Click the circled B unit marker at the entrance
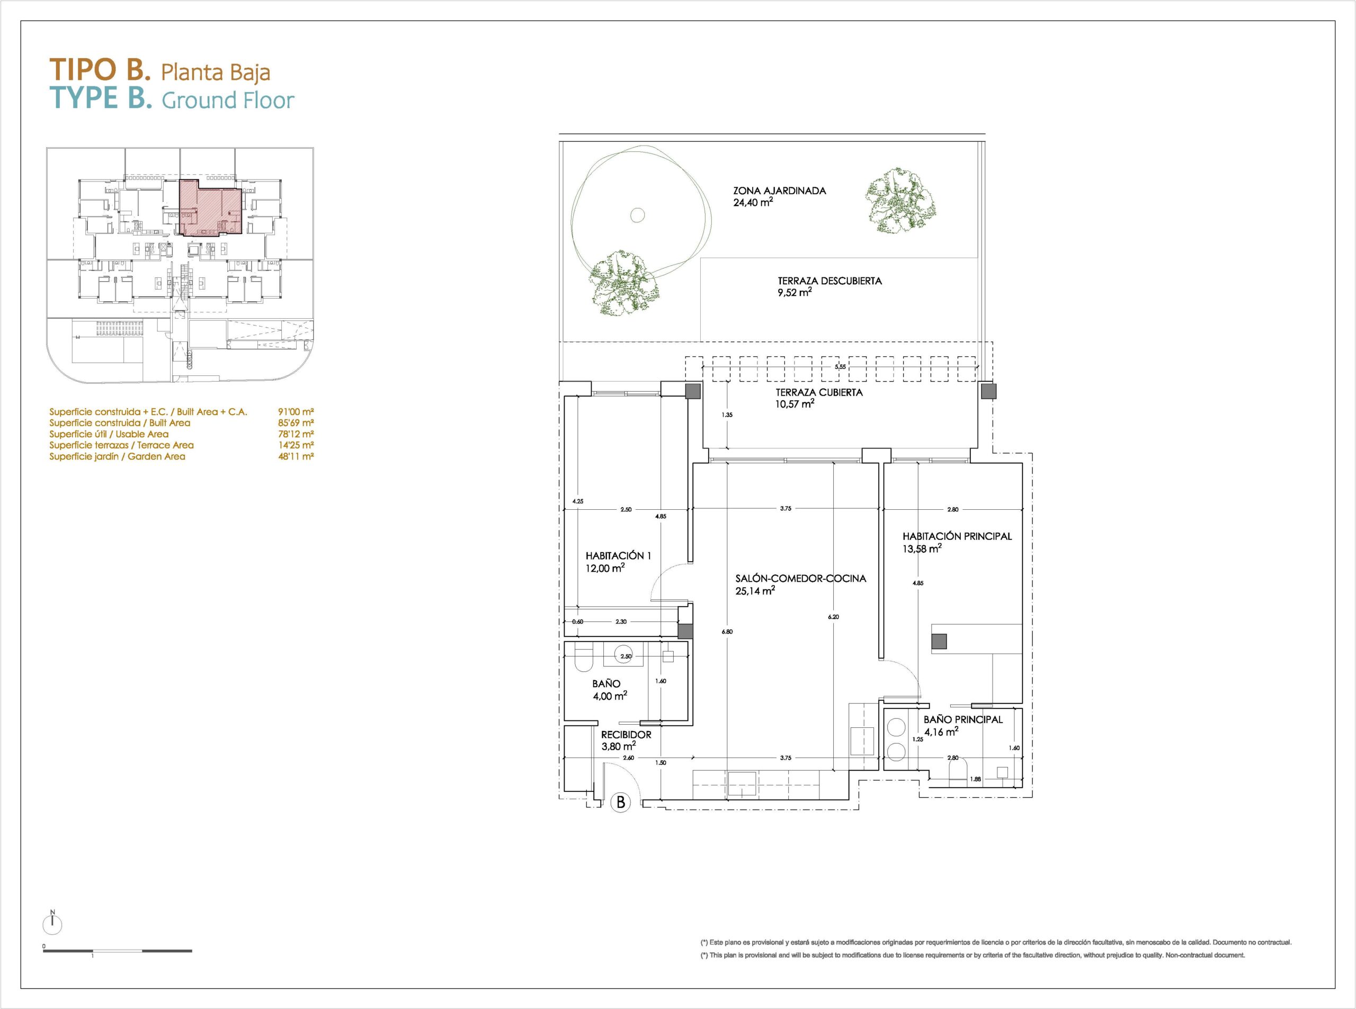(621, 802)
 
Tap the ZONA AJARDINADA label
(779, 191)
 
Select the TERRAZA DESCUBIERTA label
(830, 281)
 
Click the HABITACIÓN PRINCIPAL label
(957, 536)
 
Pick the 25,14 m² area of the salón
(755, 591)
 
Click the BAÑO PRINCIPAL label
(963, 719)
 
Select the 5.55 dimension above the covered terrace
(841, 367)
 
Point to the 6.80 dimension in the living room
(727, 632)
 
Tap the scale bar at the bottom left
(118, 951)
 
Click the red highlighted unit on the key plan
(211, 208)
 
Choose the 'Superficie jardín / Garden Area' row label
(118, 456)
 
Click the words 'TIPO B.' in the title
(100, 70)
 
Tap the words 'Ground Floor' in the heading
(228, 100)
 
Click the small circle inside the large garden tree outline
(637, 214)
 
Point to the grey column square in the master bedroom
(939, 641)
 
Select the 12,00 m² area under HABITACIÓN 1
(605, 569)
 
